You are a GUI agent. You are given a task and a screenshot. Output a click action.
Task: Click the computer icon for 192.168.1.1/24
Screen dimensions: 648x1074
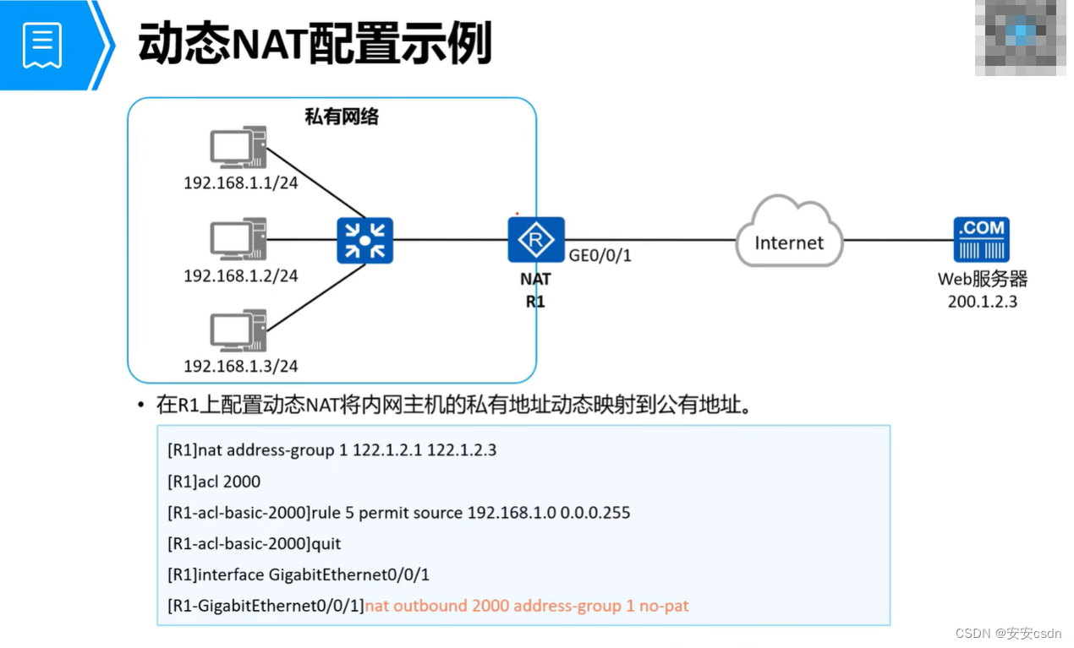click(238, 148)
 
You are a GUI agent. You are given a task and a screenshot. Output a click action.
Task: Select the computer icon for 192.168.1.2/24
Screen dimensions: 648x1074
click(238, 239)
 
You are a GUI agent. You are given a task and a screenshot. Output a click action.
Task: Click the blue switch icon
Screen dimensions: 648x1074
click(364, 240)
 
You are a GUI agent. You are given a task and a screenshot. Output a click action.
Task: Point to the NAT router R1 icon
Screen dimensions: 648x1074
click(536, 240)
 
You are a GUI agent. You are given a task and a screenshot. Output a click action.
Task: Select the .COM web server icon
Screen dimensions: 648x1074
click(981, 240)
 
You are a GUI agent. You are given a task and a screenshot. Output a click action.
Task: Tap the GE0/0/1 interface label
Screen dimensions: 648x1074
click(600, 255)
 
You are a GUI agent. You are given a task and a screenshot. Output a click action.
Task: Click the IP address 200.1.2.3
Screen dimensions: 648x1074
click(982, 301)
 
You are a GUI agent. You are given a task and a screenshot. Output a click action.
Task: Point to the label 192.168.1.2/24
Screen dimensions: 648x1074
click(241, 275)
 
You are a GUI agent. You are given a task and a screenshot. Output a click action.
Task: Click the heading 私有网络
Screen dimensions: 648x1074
click(342, 117)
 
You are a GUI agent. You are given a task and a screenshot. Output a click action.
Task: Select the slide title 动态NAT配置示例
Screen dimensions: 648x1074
click(315, 44)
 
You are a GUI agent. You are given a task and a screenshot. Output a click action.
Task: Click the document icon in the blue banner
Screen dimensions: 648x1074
click(43, 44)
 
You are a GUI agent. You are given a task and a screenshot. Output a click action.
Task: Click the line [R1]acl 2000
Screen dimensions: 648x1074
click(214, 482)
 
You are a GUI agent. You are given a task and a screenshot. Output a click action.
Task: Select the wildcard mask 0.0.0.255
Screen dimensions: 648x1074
click(595, 513)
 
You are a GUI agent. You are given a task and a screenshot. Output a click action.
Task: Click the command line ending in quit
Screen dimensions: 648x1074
click(255, 543)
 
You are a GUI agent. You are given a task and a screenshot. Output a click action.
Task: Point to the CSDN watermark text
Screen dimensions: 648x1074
click(1007, 633)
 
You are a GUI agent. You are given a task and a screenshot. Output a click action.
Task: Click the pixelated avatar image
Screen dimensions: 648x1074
click(1021, 37)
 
